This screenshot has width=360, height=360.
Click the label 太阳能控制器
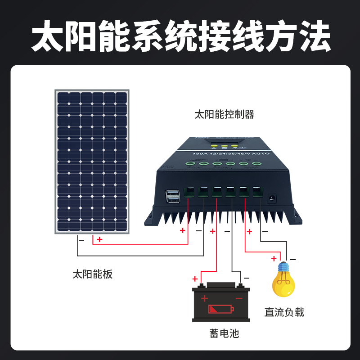pos(224,115)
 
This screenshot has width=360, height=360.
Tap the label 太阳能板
pos(92,274)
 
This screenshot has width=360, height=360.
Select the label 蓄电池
pos(224,333)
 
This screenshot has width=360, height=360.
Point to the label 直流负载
pos(284,312)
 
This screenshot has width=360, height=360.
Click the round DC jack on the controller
pos(272,197)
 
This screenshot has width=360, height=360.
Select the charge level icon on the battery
pos(221,309)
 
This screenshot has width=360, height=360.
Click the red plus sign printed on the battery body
pos(204,298)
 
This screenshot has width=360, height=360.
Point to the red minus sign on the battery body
pos(239,298)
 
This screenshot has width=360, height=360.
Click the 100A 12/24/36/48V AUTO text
pos(231,154)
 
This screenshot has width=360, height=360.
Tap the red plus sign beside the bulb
pos(273,259)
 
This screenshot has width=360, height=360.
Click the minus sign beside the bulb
pos(293,259)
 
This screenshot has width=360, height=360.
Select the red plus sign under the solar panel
pos(99,239)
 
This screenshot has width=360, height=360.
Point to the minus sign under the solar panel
pos(81,240)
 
